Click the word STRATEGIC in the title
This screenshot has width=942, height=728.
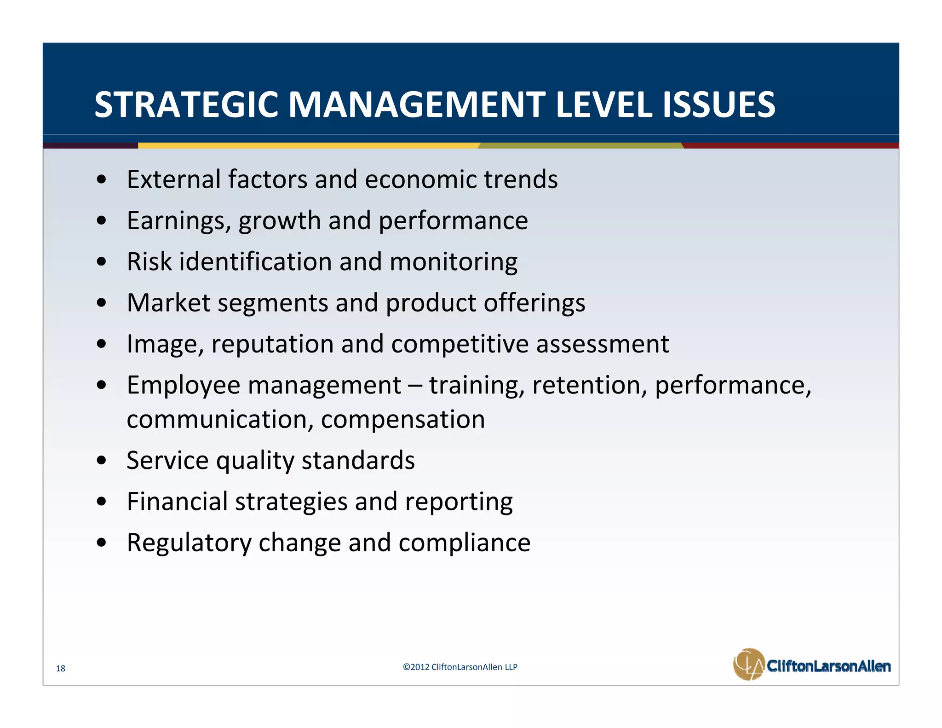click(186, 104)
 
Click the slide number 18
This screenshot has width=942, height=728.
click(61, 668)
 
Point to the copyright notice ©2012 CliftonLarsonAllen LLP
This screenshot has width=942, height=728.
click(460, 667)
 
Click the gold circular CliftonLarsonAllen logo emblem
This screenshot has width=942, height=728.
click(748, 664)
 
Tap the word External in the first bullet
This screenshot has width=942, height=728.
click(173, 179)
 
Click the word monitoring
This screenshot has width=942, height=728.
click(453, 262)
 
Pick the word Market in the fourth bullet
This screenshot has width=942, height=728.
click(168, 303)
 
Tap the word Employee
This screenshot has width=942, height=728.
click(183, 386)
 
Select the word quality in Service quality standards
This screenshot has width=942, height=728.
click(255, 461)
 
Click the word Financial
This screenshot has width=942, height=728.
click(177, 501)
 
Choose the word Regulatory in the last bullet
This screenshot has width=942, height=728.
click(189, 543)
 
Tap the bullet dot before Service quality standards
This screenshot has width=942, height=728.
click(102, 460)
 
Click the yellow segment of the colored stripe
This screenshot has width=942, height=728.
click(308, 145)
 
